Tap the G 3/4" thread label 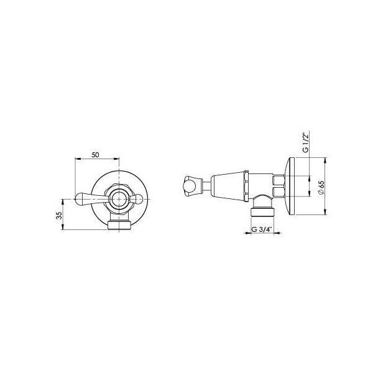(261, 229)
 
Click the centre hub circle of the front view (118, 199)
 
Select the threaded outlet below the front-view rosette (118, 223)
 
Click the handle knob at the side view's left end (190, 185)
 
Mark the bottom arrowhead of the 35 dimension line (63, 228)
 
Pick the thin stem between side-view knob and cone (205, 185)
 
